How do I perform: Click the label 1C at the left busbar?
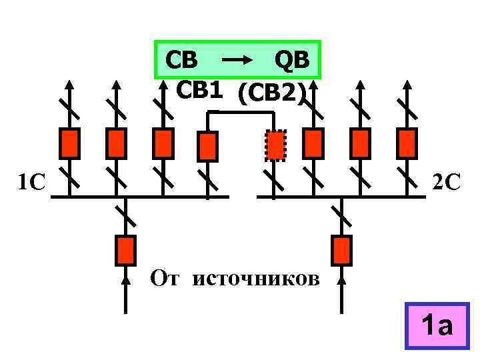click(x=30, y=182)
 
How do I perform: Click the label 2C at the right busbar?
click(x=446, y=181)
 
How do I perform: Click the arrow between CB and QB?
click(x=237, y=61)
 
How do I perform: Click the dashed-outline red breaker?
click(x=275, y=145)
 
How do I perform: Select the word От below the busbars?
click(x=165, y=276)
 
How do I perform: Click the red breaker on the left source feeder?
click(x=125, y=250)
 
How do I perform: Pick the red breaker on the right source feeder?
click(x=342, y=250)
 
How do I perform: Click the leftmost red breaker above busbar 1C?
click(x=70, y=142)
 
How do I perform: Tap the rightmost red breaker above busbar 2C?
click(x=407, y=142)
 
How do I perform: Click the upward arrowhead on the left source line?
click(x=125, y=281)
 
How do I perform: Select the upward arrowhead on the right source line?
click(x=342, y=281)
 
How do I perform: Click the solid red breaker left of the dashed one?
click(x=208, y=147)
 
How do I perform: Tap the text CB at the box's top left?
click(x=181, y=60)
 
